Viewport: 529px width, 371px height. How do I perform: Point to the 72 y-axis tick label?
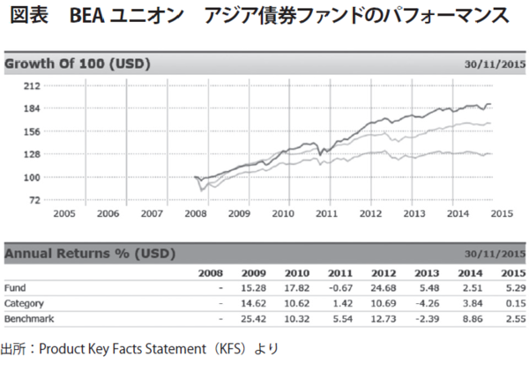33,200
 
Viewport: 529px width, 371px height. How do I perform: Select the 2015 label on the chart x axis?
502,213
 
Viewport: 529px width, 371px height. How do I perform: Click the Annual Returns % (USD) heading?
90,254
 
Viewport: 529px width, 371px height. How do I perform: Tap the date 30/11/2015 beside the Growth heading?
495,64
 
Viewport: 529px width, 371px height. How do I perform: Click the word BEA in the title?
100,17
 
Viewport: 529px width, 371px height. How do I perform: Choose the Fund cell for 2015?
514,288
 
